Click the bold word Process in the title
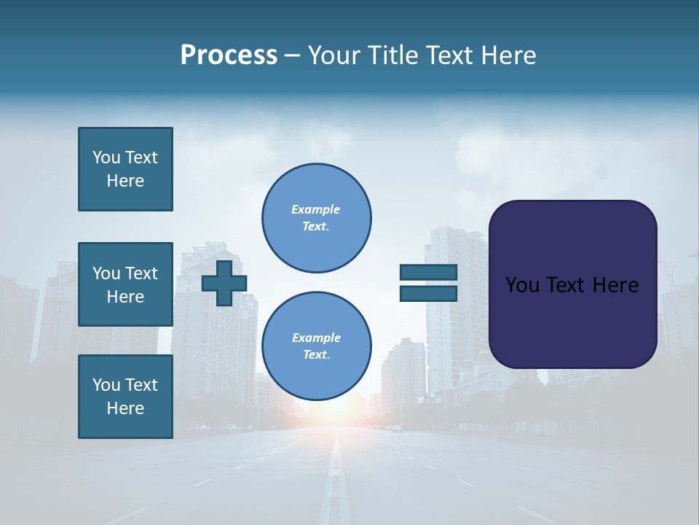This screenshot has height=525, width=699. click(x=229, y=55)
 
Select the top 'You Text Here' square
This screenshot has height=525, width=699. click(x=125, y=169)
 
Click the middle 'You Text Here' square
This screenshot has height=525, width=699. click(x=125, y=284)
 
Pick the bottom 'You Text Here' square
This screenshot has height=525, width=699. click(x=125, y=397)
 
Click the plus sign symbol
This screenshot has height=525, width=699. click(x=224, y=283)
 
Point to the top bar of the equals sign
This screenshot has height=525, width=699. click(x=428, y=273)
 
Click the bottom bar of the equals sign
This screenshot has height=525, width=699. click(x=428, y=294)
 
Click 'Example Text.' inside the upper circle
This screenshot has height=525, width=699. click(x=316, y=218)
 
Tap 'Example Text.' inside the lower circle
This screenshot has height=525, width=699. click(x=316, y=346)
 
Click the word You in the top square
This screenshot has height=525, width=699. click(x=106, y=157)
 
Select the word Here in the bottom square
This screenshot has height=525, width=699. click(x=125, y=408)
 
